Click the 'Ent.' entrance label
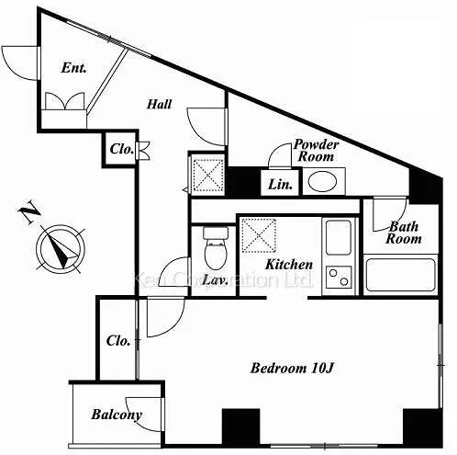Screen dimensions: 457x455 click(x=73, y=68)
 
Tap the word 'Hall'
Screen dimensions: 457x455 click(x=159, y=104)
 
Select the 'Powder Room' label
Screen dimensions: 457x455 click(x=316, y=151)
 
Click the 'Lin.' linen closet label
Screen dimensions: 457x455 click(x=280, y=185)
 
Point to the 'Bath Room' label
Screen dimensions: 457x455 click(x=404, y=233)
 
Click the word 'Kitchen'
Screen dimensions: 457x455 click(x=289, y=265)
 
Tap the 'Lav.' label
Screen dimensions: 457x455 click(x=216, y=280)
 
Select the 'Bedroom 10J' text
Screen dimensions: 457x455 click(x=292, y=368)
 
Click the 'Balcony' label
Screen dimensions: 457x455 click(x=117, y=415)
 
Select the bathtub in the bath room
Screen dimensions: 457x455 click(x=400, y=275)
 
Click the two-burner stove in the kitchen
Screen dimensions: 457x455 click(x=339, y=277)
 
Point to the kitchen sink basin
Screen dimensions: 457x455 click(x=339, y=237)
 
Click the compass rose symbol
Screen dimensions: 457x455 click(x=61, y=249)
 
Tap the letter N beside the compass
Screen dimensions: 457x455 click(x=29, y=212)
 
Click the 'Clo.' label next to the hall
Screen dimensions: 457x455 click(x=121, y=149)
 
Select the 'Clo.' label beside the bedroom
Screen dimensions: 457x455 click(x=118, y=341)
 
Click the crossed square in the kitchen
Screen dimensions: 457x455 click(x=259, y=235)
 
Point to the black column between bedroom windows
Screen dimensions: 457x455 click(x=240, y=427)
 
